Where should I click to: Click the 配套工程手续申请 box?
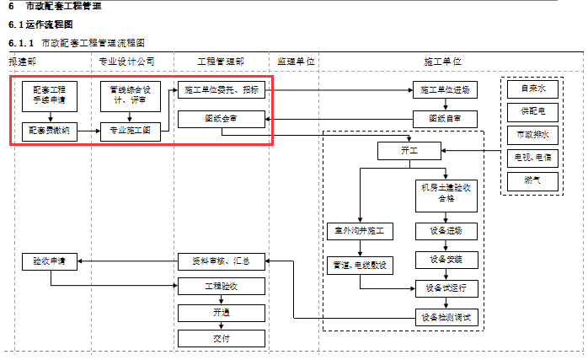point(50,96)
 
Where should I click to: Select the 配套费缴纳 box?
point(50,132)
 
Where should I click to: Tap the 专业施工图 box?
point(130,132)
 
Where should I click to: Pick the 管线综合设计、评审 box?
point(130,96)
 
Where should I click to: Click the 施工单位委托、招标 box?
point(222,89)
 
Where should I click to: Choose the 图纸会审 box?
point(222,119)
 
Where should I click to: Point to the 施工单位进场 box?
point(446,89)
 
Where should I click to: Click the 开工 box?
point(409,150)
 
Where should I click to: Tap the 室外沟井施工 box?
point(360,231)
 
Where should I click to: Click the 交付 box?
point(222,338)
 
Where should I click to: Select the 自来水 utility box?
point(532,89)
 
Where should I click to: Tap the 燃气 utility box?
point(532,180)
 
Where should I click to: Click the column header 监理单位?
point(296,62)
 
